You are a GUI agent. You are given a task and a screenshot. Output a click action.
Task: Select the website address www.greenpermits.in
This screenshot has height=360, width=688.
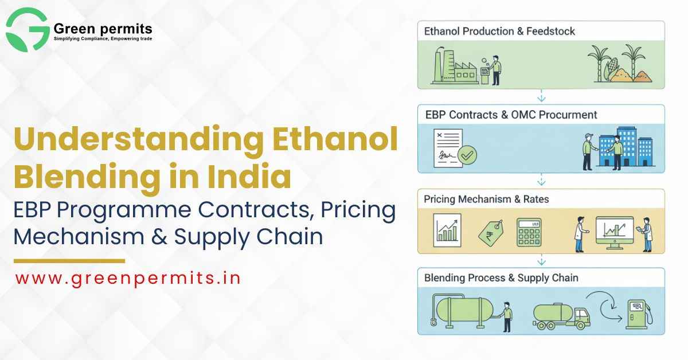point(127,278)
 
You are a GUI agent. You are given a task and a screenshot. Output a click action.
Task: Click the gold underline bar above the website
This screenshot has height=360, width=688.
point(69,261)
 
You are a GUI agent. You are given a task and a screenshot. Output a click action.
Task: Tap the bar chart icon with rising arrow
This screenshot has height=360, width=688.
point(448,229)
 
